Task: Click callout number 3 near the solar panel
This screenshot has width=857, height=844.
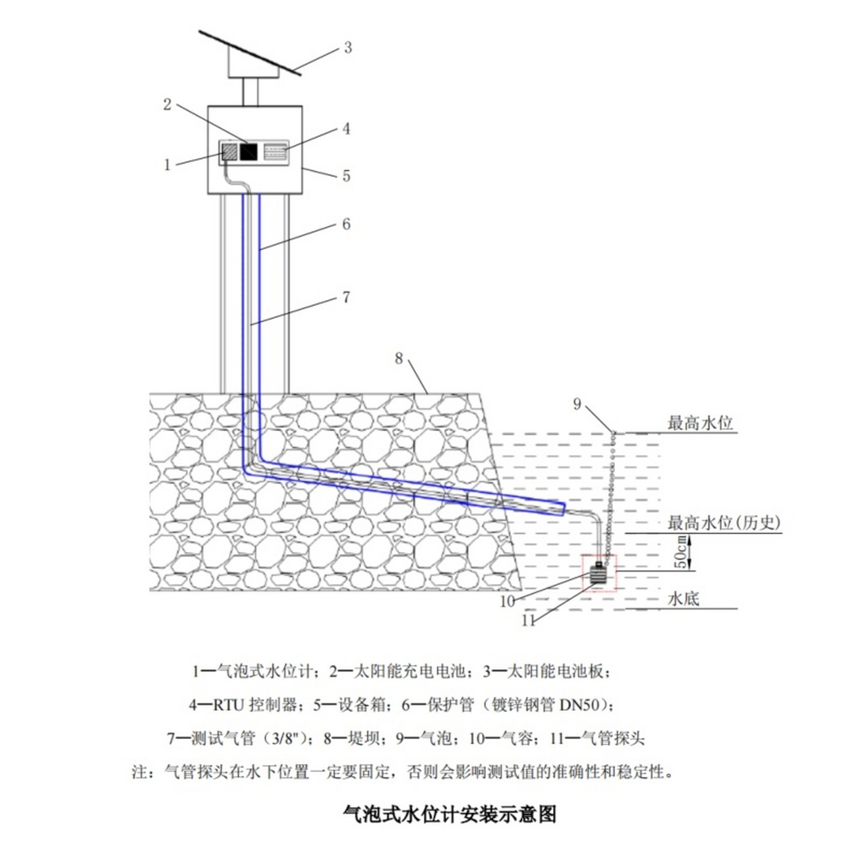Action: coord(347,47)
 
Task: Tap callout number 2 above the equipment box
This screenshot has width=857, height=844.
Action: coord(167,104)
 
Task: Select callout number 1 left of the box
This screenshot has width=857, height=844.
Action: coord(167,164)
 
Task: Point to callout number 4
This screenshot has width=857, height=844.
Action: coord(346,129)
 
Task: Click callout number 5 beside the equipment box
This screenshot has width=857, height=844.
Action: coord(346,176)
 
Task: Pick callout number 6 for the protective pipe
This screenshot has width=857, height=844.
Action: coord(346,224)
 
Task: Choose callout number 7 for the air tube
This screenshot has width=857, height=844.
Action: coord(346,297)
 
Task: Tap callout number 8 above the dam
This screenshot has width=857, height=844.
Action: coord(399,358)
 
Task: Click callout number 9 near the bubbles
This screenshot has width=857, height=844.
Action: coord(577,404)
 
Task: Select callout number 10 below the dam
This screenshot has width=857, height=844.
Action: coord(507,601)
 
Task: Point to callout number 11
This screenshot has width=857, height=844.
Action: coord(528,620)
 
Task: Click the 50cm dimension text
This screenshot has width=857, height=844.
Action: coord(678,552)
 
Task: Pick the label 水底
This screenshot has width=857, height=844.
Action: coord(684,599)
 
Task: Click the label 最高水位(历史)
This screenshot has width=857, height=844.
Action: coord(724,523)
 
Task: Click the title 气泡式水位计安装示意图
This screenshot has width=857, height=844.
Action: coord(450,814)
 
